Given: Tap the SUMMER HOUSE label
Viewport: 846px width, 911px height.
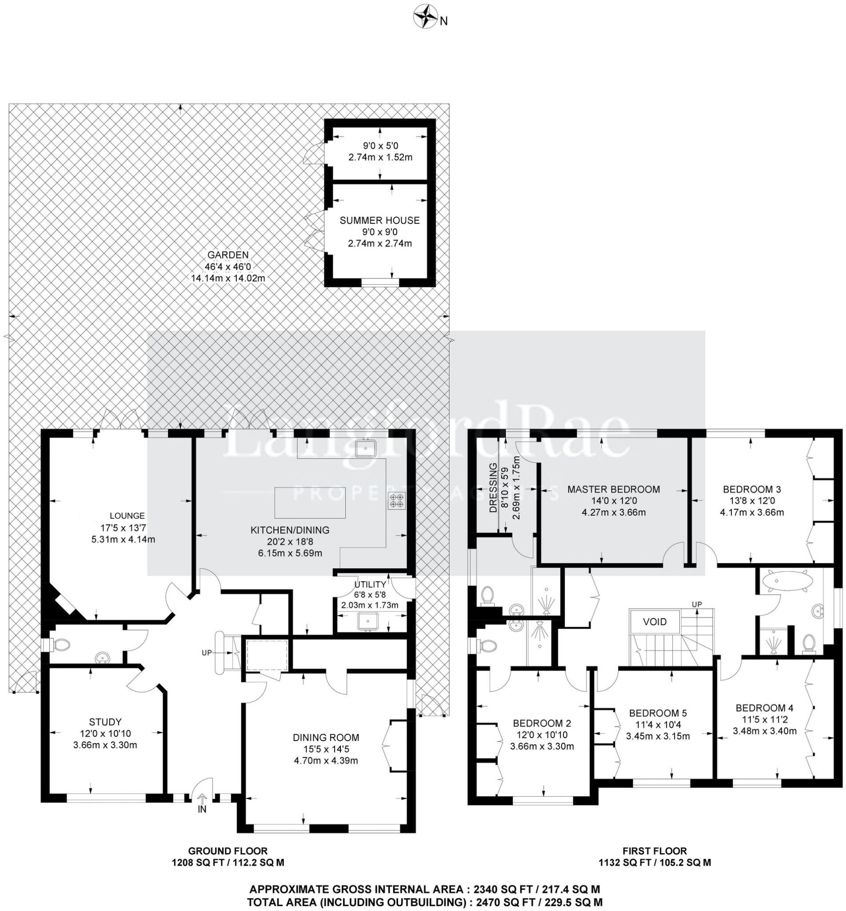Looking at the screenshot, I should tap(379, 221).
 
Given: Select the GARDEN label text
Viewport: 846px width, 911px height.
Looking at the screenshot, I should tap(228, 255).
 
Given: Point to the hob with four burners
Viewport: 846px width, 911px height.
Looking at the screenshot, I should tap(396, 500).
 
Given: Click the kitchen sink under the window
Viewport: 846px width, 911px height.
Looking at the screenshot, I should tap(365, 449).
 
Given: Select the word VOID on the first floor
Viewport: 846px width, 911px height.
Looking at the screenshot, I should tap(654, 622).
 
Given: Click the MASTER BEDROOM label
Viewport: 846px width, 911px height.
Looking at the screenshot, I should tap(614, 489).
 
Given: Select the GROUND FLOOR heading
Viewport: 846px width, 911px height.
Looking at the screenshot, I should tap(227, 851).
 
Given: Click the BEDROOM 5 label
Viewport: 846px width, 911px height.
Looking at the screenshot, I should tap(658, 713).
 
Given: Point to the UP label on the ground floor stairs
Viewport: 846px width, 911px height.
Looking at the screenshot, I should tap(207, 652).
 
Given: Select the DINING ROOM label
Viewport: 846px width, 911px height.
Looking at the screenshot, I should tap(326, 738).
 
